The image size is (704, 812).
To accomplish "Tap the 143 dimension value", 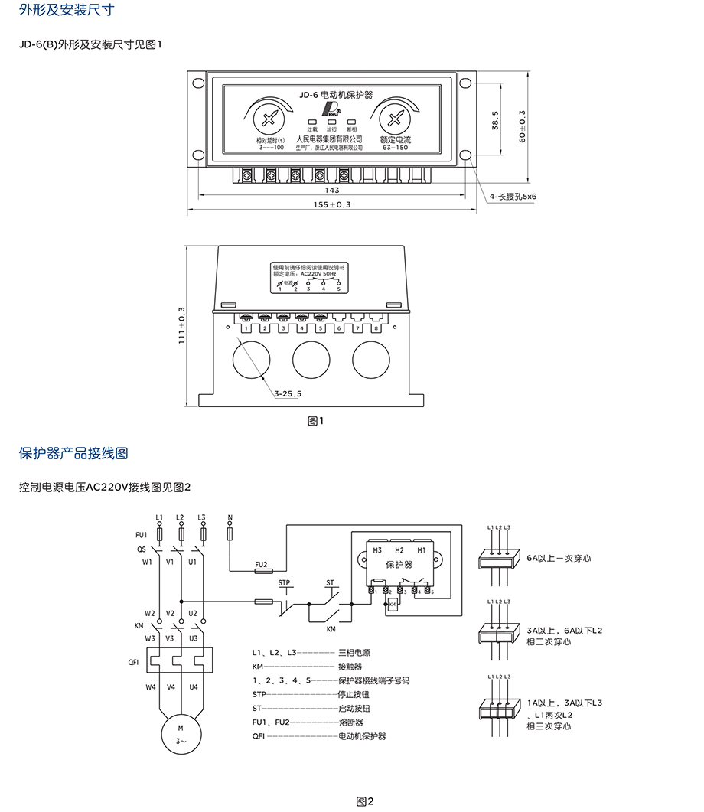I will (x=332, y=190).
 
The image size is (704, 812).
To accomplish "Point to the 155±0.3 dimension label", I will (x=332, y=205).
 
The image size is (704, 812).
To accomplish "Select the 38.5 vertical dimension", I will (x=495, y=121).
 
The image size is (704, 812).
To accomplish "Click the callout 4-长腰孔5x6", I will (x=513, y=197).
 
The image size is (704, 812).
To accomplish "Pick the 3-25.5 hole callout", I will (x=288, y=393).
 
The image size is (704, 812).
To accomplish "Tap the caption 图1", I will (x=316, y=421).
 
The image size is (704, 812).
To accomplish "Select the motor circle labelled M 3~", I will (x=181, y=734).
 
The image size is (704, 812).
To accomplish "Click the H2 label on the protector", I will (x=399, y=550).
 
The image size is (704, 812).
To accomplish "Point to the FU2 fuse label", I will (x=260, y=562).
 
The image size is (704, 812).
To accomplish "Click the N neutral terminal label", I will (x=230, y=518).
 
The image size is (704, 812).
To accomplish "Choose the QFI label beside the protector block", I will (x=133, y=663).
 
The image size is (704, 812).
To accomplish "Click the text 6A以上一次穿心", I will (x=559, y=559).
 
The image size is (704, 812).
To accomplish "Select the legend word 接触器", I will (x=350, y=667).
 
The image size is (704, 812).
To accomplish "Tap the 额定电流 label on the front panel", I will (x=396, y=140).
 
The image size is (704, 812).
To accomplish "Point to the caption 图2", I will (x=365, y=801).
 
